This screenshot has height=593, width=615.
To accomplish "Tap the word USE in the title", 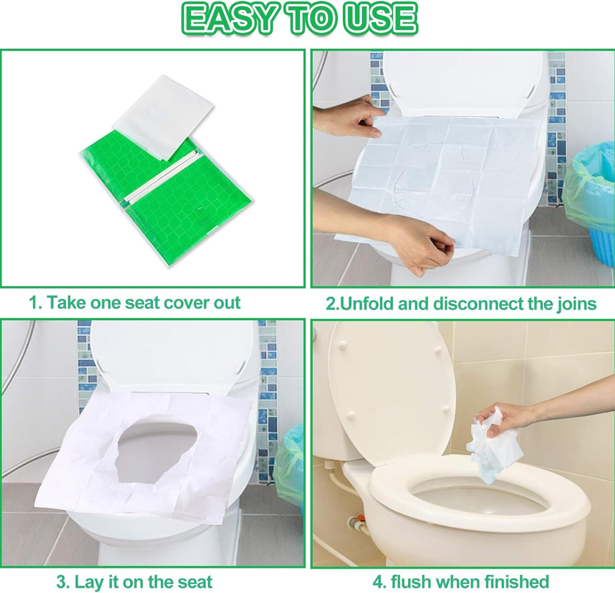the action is [x=380, y=19].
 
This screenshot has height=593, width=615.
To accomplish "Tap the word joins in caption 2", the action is [x=576, y=304].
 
